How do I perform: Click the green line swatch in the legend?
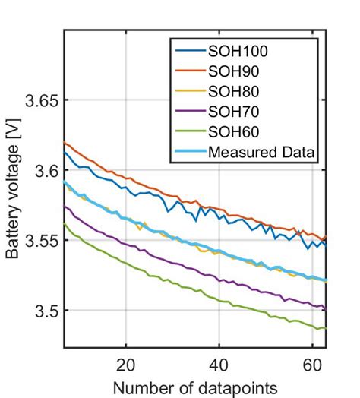pyautogui.click(x=188, y=133)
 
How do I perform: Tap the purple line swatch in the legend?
pyautogui.click(x=188, y=113)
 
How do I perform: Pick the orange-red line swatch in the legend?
pyautogui.click(x=188, y=72)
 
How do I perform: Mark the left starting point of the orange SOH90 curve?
pyautogui.click(x=65, y=142)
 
